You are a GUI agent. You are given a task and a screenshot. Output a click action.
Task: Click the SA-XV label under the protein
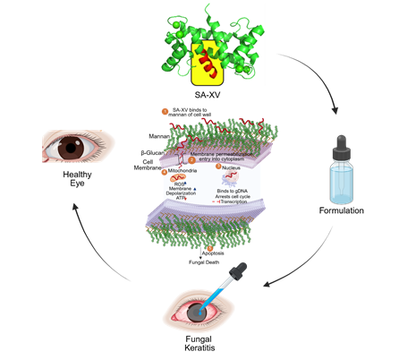[x=208, y=91]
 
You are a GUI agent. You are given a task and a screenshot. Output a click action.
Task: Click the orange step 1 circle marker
[x=164, y=111]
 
